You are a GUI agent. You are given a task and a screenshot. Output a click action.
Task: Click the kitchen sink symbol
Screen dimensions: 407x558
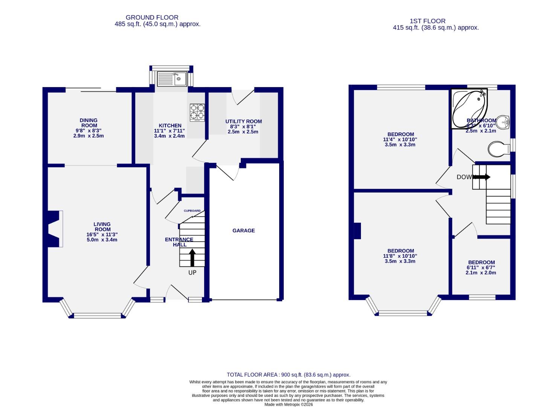click(x=171, y=79)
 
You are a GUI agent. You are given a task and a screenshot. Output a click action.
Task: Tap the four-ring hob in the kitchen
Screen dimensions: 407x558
click(x=197, y=112)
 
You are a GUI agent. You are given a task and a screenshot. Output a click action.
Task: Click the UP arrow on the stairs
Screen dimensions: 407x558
click(x=192, y=258)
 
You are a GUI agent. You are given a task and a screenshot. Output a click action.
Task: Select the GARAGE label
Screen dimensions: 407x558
click(x=243, y=231)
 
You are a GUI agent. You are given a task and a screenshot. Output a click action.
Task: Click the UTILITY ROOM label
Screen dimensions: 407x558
click(x=243, y=121)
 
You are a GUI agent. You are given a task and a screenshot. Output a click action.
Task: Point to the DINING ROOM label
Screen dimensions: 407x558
click(x=89, y=123)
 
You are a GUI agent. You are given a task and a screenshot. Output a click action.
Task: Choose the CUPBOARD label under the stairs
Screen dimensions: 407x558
click(x=192, y=211)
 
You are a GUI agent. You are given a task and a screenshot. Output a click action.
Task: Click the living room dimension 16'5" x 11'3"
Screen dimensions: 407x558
click(x=102, y=234)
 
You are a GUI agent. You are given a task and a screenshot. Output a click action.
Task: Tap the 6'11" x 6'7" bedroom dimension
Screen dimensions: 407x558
click(x=481, y=268)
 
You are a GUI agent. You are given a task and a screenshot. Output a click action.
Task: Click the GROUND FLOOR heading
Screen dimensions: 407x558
click(x=152, y=17)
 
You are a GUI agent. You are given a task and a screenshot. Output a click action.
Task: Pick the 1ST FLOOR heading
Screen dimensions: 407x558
click(x=428, y=21)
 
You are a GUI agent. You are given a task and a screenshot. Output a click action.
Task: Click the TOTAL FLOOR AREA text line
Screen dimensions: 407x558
click(x=288, y=375)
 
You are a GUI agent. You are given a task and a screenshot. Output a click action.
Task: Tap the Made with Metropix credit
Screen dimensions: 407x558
click(x=288, y=404)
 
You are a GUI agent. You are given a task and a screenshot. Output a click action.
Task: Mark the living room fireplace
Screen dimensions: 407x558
click(x=53, y=229)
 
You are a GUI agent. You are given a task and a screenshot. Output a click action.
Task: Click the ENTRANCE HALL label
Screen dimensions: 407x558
click(x=179, y=242)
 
